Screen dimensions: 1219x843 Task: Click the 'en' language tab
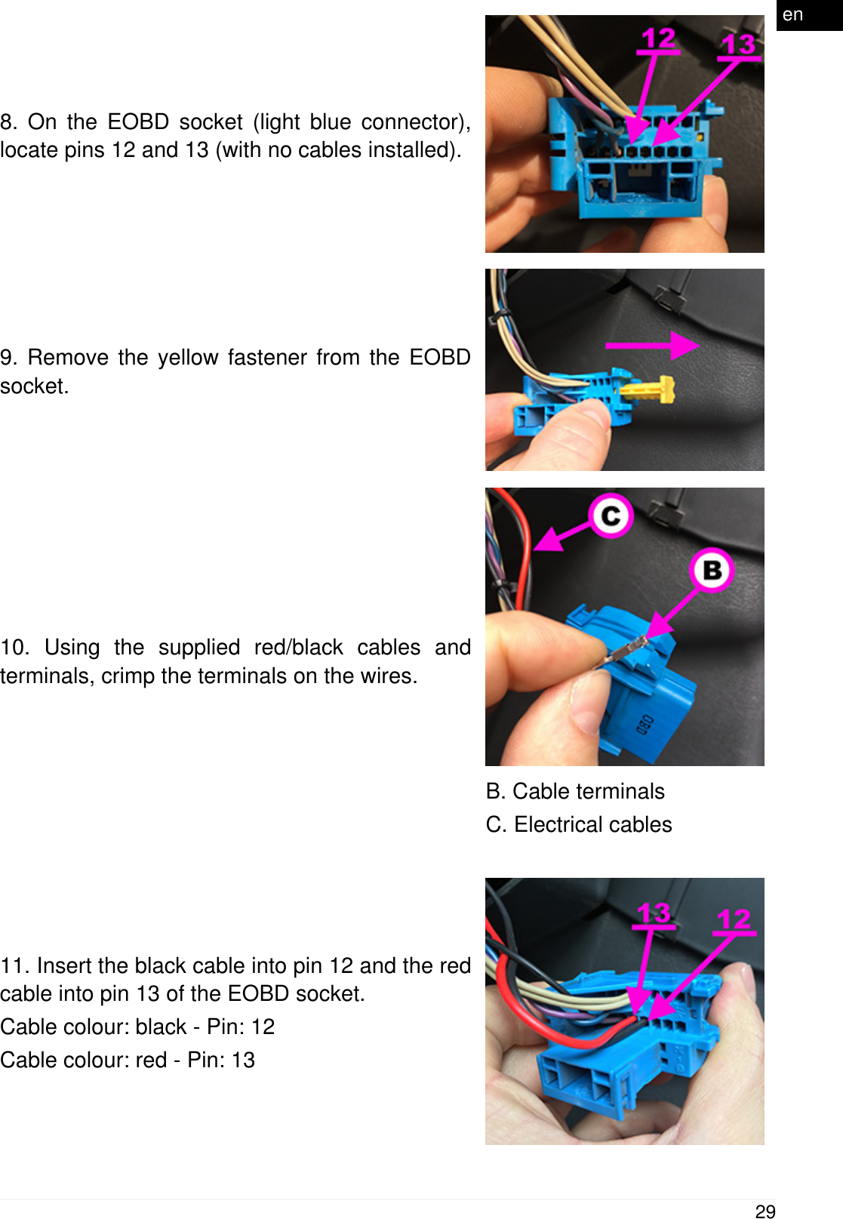(x=793, y=14)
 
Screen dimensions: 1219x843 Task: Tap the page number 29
(x=765, y=1211)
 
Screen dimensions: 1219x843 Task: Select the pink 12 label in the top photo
(x=657, y=39)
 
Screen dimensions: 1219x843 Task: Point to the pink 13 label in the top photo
(x=738, y=45)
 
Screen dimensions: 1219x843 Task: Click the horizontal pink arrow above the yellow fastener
(x=652, y=346)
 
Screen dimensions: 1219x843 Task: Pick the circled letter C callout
(x=611, y=516)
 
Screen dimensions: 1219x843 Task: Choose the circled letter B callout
(x=712, y=570)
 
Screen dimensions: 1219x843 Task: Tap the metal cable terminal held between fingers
(x=626, y=650)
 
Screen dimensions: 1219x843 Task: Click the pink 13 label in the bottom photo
(x=653, y=914)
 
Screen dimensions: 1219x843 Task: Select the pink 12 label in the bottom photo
(x=734, y=920)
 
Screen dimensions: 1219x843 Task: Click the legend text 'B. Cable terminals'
(x=575, y=791)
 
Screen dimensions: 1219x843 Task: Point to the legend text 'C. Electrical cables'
(x=579, y=824)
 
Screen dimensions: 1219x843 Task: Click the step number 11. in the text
(x=15, y=965)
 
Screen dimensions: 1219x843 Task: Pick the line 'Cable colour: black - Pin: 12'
(x=137, y=1027)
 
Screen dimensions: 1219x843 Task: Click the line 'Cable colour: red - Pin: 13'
(x=128, y=1060)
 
